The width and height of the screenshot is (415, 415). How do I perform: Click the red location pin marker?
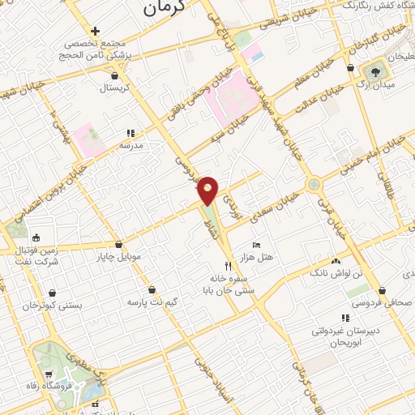click(208, 190)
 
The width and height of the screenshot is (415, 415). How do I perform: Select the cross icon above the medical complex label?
click(96, 31)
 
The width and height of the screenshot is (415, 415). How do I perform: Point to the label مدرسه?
click(131, 144)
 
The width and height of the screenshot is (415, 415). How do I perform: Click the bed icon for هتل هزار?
click(257, 245)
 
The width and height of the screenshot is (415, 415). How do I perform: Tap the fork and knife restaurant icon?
click(228, 265)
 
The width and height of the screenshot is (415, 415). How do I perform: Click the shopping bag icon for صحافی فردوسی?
click(382, 290)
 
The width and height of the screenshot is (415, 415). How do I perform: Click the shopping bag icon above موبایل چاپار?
click(119, 244)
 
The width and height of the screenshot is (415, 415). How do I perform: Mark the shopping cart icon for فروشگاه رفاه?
click(50, 374)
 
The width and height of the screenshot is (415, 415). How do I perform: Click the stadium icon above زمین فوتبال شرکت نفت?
click(36, 237)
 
